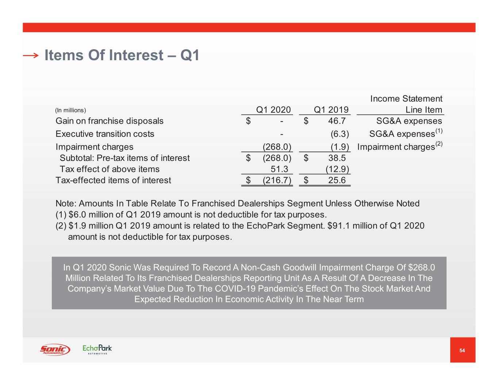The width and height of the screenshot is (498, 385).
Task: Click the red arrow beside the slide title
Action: tap(31, 55)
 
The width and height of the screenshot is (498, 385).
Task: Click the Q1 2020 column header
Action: tap(273, 110)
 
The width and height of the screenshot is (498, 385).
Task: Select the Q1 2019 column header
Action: tap(331, 110)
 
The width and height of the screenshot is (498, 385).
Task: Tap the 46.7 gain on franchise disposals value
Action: tap(337, 121)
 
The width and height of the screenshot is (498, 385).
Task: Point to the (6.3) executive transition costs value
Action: tap(340, 134)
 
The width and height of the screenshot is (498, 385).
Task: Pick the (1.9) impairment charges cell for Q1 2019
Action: tap(340, 147)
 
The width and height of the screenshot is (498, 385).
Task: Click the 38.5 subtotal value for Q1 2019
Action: tap(337, 158)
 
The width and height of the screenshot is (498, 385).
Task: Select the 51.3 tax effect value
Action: tap(279, 169)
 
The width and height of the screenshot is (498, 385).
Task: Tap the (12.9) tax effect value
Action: tap(337, 169)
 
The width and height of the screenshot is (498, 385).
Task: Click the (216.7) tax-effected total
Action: tap(277, 180)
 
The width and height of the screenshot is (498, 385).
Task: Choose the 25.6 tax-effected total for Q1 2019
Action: tap(337, 180)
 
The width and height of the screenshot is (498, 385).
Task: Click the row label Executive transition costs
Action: tap(105, 134)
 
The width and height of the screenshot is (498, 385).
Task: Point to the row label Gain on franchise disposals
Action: tap(109, 121)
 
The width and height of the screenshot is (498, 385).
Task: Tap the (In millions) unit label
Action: tap(70, 110)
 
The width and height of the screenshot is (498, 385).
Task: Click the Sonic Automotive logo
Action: tap(55, 350)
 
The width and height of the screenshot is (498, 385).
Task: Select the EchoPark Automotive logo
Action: tap(97, 350)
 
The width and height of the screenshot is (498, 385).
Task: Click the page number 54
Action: tap(462, 350)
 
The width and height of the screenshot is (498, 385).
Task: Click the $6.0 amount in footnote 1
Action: tap(77, 215)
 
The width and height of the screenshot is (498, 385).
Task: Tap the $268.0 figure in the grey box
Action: tap(421, 267)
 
